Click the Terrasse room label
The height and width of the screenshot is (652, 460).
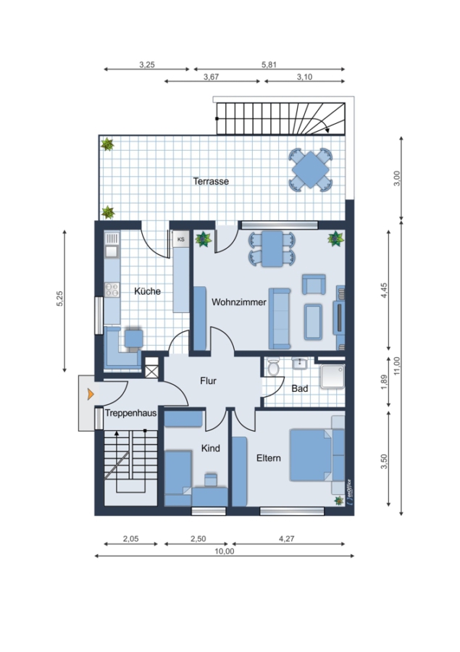[x=211, y=181]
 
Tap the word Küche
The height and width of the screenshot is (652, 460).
[x=147, y=291]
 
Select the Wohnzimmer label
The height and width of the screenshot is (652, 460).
[x=239, y=302]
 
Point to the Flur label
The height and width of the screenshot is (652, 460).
[x=208, y=380]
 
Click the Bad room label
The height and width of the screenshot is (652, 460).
[x=299, y=388]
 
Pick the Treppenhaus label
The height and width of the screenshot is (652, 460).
[x=130, y=413]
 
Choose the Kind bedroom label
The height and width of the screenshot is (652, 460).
[x=211, y=448]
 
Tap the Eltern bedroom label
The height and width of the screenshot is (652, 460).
[x=268, y=458]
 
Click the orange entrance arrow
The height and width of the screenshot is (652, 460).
[x=91, y=394]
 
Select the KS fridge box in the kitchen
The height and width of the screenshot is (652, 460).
[x=181, y=239]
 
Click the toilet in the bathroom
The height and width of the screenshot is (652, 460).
[x=274, y=367]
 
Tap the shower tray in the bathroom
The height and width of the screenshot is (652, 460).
[x=333, y=376]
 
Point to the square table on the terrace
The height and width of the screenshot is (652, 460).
[x=311, y=170]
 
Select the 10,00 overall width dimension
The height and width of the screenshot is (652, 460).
[x=224, y=551]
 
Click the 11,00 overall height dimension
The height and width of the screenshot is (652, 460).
[x=397, y=366]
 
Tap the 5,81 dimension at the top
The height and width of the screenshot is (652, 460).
[x=269, y=64]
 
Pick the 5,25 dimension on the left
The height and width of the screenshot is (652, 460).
[x=59, y=298]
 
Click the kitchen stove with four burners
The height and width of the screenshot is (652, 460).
[x=112, y=289]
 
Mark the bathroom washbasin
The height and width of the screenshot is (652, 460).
[x=299, y=364]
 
